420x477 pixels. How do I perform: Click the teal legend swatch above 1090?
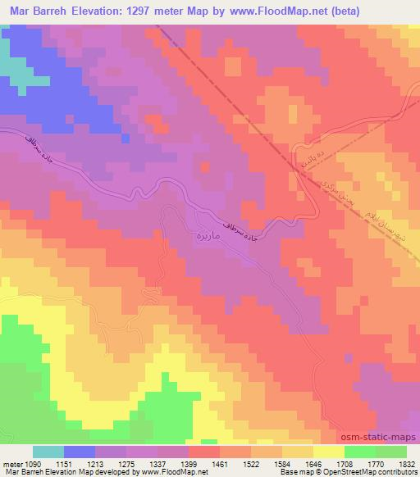pyautogui.click(x=48, y=451)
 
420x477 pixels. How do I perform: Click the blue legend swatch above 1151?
pyautogui.click(x=80, y=451)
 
